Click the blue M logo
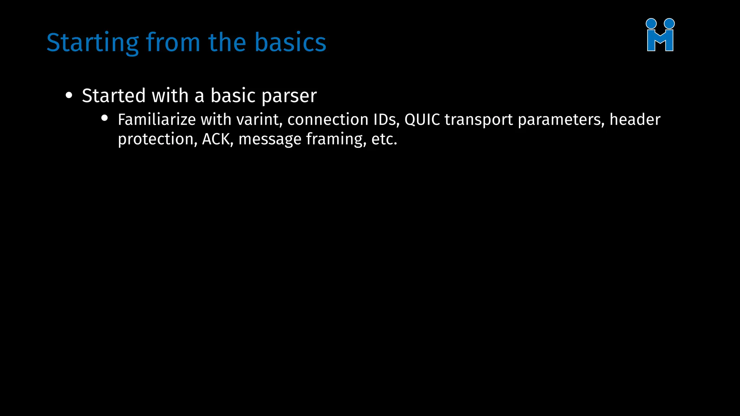pyautogui.click(x=660, y=35)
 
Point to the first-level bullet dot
pyautogui.click(x=69, y=96)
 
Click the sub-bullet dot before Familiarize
pyautogui.click(x=105, y=118)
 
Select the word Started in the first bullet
pyautogui.click(x=113, y=95)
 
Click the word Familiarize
pyautogui.click(x=156, y=120)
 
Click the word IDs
pyautogui.click(x=387, y=120)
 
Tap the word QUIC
pyautogui.click(x=422, y=120)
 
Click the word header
pyautogui.click(x=635, y=120)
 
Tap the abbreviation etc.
pyautogui.click(x=384, y=139)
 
